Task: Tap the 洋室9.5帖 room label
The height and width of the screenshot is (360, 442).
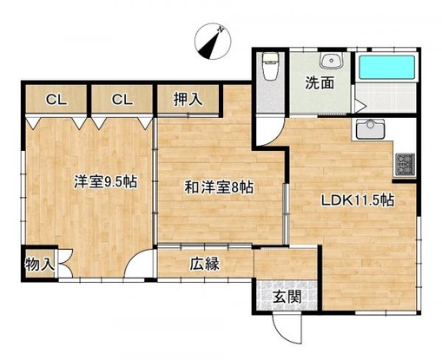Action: click(106, 182)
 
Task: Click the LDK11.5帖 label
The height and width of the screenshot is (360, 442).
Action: click(359, 200)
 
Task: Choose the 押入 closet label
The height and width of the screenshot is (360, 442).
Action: click(189, 99)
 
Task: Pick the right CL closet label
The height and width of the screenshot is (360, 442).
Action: click(122, 99)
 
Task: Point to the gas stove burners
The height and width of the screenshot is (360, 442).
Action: click(406, 162)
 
